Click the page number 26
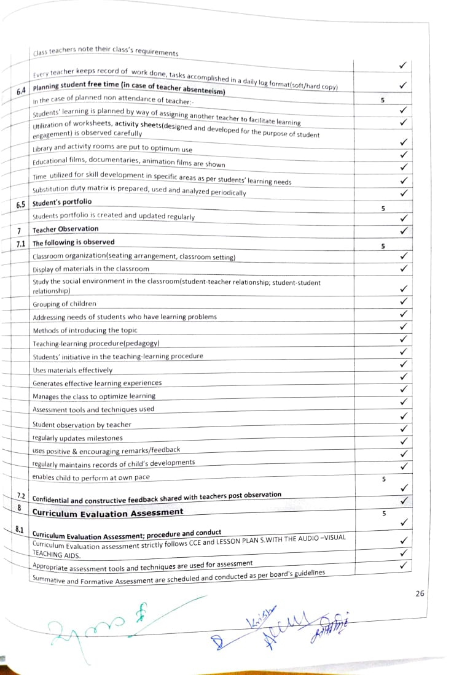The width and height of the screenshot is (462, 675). pyautogui.click(x=419, y=593)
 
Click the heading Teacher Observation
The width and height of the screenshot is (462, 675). pyautogui.click(x=65, y=229)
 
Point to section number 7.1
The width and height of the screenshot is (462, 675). pyautogui.click(x=20, y=244)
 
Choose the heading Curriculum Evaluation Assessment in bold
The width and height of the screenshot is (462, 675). pyautogui.click(x=108, y=512)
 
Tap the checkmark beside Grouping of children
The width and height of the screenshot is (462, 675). pyautogui.click(x=404, y=301)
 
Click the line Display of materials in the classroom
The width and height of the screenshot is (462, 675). pyautogui.click(x=91, y=269)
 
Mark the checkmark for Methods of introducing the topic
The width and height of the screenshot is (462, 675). pyautogui.click(x=404, y=326)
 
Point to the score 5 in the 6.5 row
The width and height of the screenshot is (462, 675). pyautogui.click(x=383, y=209)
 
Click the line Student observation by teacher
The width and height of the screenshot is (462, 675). pyautogui.click(x=82, y=425)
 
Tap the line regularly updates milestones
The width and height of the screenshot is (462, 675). pyautogui.click(x=77, y=438)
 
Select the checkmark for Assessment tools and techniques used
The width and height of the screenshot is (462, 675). pyautogui.click(x=404, y=402)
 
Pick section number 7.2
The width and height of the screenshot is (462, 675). pyautogui.click(x=20, y=495)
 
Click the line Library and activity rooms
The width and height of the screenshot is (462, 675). pyautogui.click(x=112, y=149)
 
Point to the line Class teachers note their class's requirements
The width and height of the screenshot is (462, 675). pyautogui.click(x=106, y=53)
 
